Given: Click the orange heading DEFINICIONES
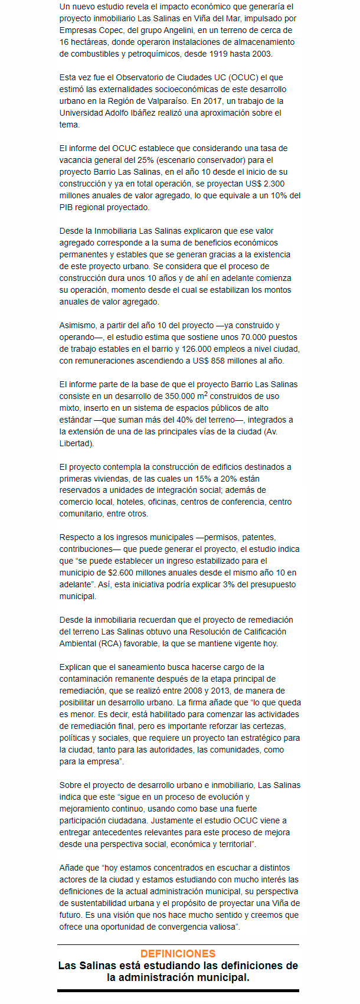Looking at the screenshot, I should click(x=178, y=953).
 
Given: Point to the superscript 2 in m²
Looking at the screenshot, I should click(x=205, y=394).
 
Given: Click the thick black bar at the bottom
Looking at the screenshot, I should click(x=178, y=991).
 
